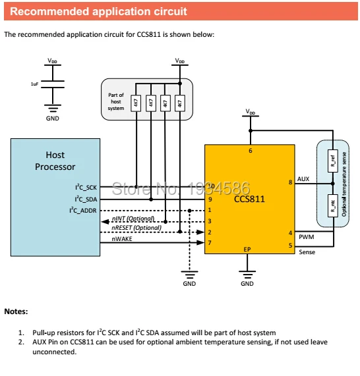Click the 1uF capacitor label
click(34, 84)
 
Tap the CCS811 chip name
click(249, 199)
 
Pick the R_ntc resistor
click(332, 205)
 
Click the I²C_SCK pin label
click(86, 187)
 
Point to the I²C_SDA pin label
click(86, 199)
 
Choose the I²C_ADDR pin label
click(83, 210)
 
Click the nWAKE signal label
click(122, 239)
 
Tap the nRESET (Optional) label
click(136, 228)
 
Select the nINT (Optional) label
click(133, 219)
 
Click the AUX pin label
click(303, 179)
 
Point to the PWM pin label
click(306, 237)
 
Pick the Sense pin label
click(307, 252)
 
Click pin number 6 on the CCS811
click(251, 151)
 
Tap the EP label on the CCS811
click(247, 250)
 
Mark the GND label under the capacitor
click(53, 119)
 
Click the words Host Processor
click(55, 161)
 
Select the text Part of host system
click(116, 101)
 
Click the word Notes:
click(16, 311)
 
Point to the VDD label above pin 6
click(251, 112)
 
